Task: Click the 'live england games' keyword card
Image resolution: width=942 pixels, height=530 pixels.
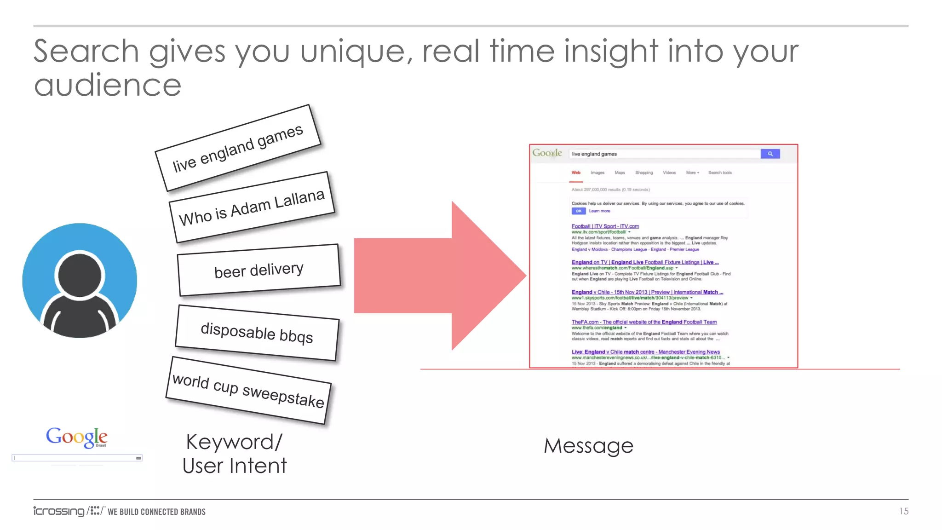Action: click(238, 148)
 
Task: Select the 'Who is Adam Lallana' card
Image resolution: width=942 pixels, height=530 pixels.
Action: click(252, 207)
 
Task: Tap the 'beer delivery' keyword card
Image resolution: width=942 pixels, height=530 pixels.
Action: click(259, 270)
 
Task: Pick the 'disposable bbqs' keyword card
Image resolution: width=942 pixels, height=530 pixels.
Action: click(257, 333)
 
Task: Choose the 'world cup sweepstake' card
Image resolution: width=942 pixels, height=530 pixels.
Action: click(248, 390)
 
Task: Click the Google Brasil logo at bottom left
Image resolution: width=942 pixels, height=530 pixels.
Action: click(76, 437)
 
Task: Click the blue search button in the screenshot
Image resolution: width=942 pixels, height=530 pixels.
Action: click(770, 154)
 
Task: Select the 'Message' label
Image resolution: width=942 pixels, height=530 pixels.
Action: click(588, 446)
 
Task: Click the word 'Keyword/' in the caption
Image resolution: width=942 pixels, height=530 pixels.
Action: click(234, 442)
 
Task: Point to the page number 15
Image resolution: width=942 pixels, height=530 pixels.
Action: click(903, 511)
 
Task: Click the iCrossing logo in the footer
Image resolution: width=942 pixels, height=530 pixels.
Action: click(59, 511)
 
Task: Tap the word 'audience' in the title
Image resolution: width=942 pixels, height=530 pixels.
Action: click(108, 85)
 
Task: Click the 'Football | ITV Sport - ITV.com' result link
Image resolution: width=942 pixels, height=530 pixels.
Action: click(605, 226)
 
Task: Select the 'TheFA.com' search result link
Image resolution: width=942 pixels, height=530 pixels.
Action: click(644, 322)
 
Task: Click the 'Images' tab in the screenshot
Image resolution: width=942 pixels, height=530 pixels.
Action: click(597, 173)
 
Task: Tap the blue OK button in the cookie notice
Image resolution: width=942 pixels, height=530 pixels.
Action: click(578, 211)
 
